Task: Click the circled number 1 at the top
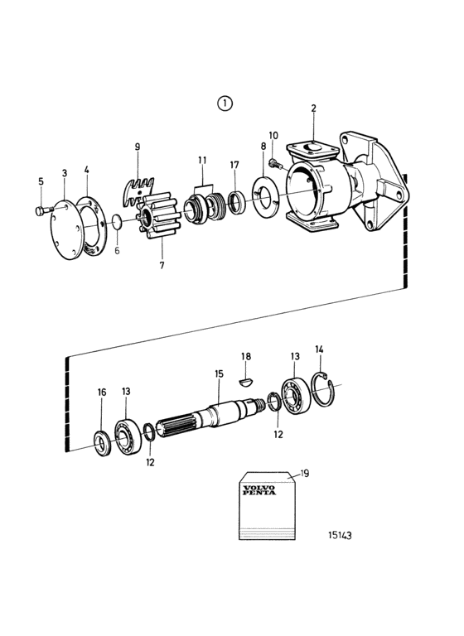pos(225,104)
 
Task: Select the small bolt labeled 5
pos(41,210)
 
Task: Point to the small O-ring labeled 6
pos(117,222)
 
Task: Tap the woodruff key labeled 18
pos(245,382)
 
